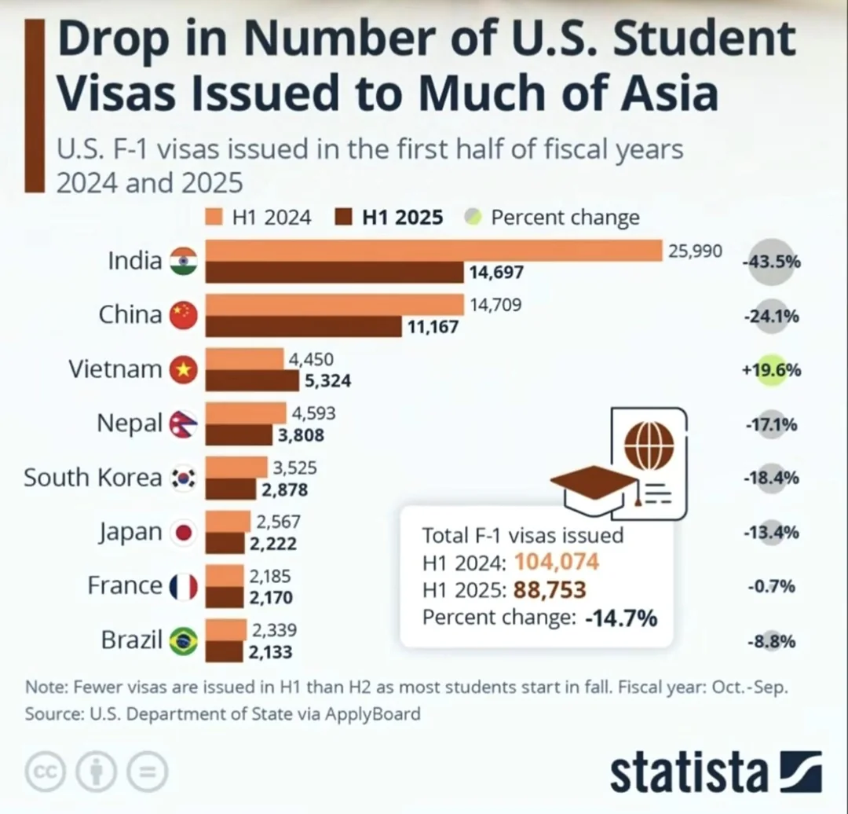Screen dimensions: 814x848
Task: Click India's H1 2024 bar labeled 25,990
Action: tap(434, 251)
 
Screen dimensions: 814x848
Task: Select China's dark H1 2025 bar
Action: tap(304, 326)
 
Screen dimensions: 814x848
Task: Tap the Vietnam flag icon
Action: tap(185, 368)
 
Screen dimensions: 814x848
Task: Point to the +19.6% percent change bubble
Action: tap(772, 370)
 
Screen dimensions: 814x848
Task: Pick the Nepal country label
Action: tap(130, 423)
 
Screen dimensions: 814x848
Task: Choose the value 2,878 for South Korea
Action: tap(284, 490)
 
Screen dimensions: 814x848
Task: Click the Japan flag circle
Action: tap(185, 533)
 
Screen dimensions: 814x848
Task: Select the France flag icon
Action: tap(185, 586)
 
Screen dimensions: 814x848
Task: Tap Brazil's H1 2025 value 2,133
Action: tap(270, 651)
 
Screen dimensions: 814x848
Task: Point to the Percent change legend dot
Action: tap(472, 217)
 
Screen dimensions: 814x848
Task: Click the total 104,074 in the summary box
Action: tap(557, 562)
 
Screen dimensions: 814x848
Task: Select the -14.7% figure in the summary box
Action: tap(620, 618)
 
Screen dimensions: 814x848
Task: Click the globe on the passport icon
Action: tap(648, 442)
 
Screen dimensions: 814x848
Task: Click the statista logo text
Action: tap(687, 773)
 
